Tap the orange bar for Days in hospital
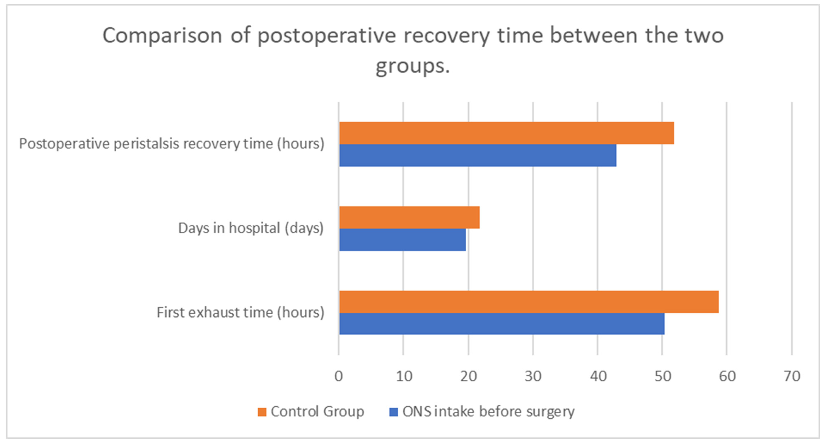(x=409, y=217)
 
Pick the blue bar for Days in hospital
(x=403, y=239)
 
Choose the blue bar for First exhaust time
(x=502, y=324)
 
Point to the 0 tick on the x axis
(x=339, y=376)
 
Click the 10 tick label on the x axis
(x=404, y=376)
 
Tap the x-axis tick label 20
(x=469, y=376)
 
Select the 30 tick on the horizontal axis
(x=533, y=376)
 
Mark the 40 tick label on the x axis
(x=598, y=376)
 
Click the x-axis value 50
(x=663, y=376)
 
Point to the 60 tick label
(x=727, y=376)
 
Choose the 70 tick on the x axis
(x=792, y=376)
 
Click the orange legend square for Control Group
(x=262, y=412)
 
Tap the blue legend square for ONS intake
(x=394, y=412)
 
